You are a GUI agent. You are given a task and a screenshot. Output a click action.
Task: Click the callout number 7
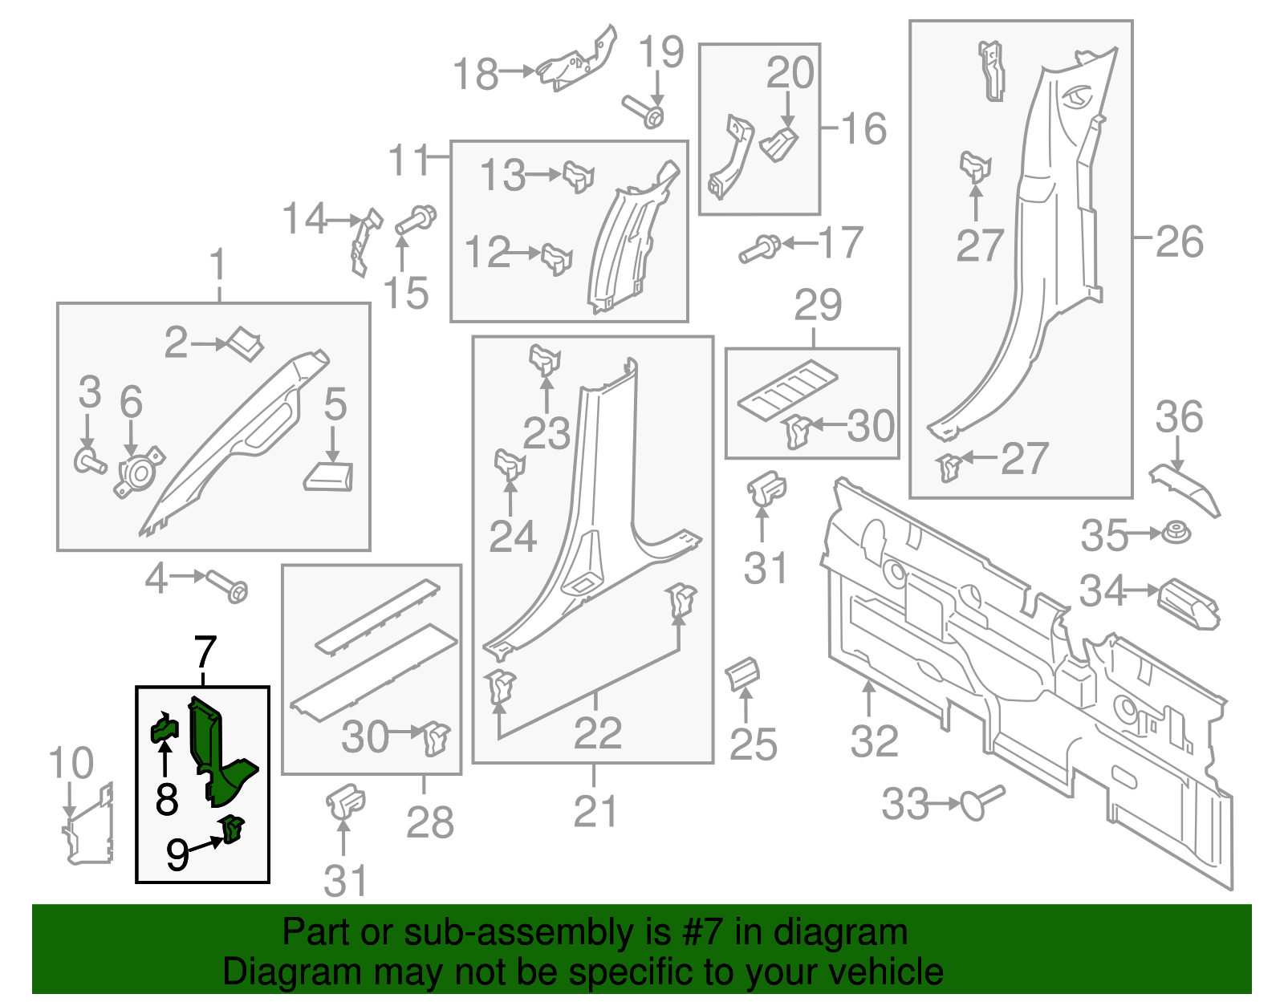pos(205,653)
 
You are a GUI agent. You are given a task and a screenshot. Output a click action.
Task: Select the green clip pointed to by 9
pos(233,829)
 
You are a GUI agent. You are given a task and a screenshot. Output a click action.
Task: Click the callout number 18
pos(476,74)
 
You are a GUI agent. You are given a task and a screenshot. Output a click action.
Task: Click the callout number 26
pos(1179,241)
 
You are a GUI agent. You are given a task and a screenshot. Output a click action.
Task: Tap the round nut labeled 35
pos(1176,533)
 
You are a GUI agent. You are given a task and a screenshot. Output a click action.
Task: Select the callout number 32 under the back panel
pos(874,741)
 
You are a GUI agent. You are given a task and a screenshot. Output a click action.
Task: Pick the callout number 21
pos(595,812)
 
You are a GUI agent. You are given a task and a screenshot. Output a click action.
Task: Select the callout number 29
pos(818,305)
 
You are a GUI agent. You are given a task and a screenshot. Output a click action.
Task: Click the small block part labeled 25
pos(743,673)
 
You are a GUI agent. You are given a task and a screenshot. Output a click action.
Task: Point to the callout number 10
pos(71,763)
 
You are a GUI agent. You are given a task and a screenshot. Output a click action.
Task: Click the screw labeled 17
pos(758,249)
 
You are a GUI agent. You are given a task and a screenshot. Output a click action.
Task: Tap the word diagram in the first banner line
pos(858,932)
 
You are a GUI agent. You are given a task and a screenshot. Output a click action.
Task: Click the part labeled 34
pos(1189,602)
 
